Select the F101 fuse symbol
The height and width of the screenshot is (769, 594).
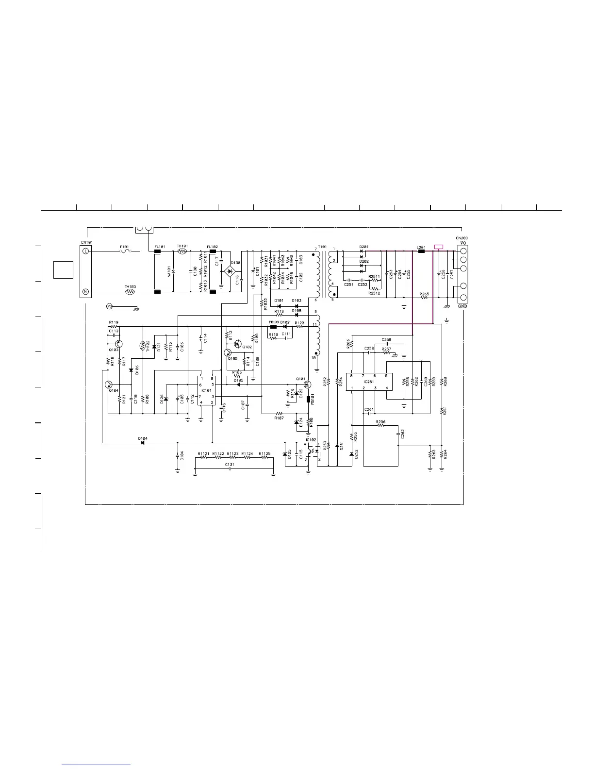pyautogui.click(x=125, y=251)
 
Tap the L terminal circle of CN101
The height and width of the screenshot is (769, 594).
pyautogui.click(x=85, y=251)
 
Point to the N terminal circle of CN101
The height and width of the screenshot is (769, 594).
pyautogui.click(x=85, y=292)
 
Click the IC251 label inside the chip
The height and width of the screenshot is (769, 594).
pyautogui.click(x=369, y=382)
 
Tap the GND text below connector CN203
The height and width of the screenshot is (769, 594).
pyautogui.click(x=462, y=306)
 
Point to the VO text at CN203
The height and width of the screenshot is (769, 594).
pyautogui.click(x=463, y=243)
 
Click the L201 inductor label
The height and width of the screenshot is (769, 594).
pyautogui.click(x=421, y=247)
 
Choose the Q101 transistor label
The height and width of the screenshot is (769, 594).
pyautogui.click(x=301, y=379)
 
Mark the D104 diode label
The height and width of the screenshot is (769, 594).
pyautogui.click(x=142, y=438)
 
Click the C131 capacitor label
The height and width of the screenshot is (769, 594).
pyautogui.click(x=230, y=464)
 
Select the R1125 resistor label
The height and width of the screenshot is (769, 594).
pyautogui.click(x=264, y=453)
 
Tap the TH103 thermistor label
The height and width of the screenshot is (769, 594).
pyautogui.click(x=130, y=287)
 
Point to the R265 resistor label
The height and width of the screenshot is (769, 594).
pyautogui.click(x=424, y=293)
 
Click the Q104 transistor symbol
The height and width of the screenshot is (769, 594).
pyautogui.click(x=108, y=384)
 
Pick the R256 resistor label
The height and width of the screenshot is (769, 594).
pyautogui.click(x=381, y=422)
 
